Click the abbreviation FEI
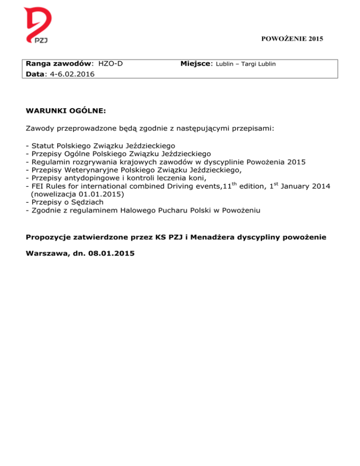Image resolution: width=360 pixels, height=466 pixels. point(38,187)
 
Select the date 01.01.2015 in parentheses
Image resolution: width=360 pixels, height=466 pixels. point(103,194)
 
